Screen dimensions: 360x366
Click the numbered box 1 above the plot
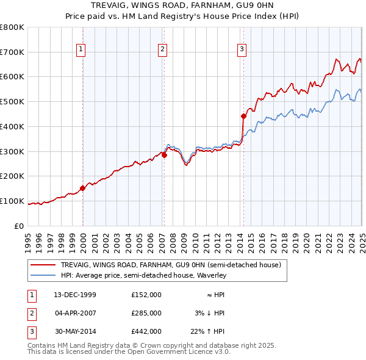point(81,50)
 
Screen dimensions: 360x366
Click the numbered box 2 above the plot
point(163,50)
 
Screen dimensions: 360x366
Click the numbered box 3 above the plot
point(242,50)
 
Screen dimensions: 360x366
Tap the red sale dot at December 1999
point(83,188)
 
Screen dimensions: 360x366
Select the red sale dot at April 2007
point(164,155)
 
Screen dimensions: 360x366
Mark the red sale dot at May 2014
point(243,116)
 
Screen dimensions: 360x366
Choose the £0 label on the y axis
point(19,226)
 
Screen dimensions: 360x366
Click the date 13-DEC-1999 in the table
point(75,295)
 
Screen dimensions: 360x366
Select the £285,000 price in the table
point(146,313)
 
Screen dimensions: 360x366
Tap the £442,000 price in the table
point(146,331)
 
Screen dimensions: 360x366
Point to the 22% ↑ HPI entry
point(207,331)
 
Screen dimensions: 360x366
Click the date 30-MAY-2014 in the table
point(75,331)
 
